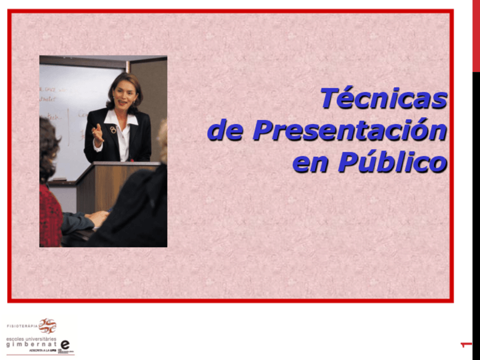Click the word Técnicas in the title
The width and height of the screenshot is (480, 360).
(384, 98)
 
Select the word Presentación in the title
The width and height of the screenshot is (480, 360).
(349, 131)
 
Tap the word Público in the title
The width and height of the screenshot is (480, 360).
(392, 162)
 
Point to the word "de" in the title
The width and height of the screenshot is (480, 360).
(225, 131)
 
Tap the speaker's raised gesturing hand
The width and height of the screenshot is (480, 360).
(98, 135)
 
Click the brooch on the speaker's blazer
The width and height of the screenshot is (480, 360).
(113, 130)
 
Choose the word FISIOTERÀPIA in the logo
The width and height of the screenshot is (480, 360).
(22, 327)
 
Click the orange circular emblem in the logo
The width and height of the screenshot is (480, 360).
(48, 326)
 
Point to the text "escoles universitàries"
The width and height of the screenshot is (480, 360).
(31, 338)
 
